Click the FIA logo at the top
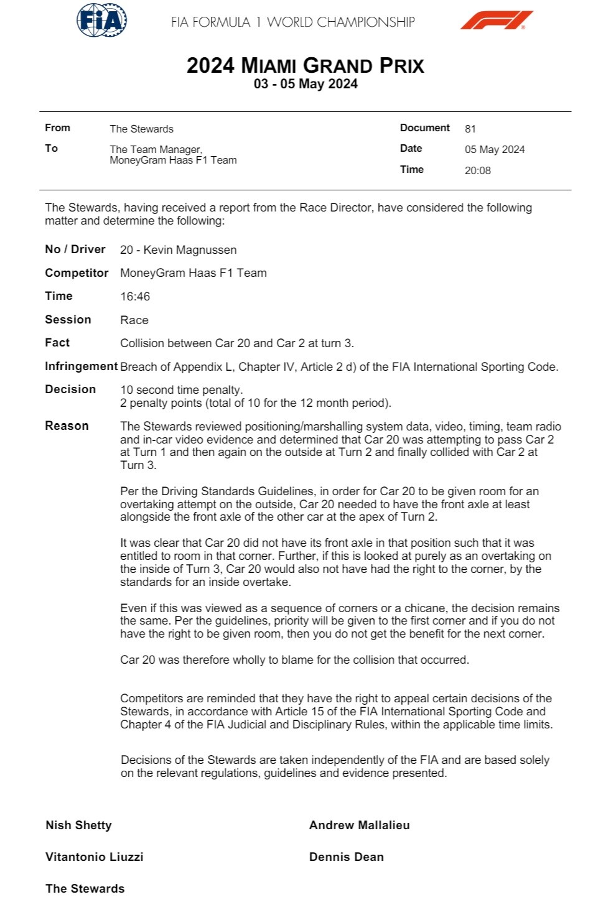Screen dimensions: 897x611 101,21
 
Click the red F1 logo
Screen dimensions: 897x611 497,21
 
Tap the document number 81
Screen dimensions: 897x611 470,129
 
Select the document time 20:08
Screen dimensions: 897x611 477,170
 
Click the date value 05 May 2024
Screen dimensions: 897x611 495,149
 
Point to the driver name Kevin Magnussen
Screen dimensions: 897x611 190,250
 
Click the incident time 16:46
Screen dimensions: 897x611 135,297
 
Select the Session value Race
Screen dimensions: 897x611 134,320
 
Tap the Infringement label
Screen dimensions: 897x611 81,366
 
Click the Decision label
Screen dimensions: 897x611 70,389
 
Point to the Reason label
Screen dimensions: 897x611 67,426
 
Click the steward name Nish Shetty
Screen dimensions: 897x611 78,825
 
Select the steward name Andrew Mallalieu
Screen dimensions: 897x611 359,825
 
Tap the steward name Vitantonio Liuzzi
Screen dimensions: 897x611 94,857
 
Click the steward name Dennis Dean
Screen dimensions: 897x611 346,857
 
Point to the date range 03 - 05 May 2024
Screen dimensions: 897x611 305,84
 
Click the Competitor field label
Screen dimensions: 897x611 77,273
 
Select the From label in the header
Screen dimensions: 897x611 57,128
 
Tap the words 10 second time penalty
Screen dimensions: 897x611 181,390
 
